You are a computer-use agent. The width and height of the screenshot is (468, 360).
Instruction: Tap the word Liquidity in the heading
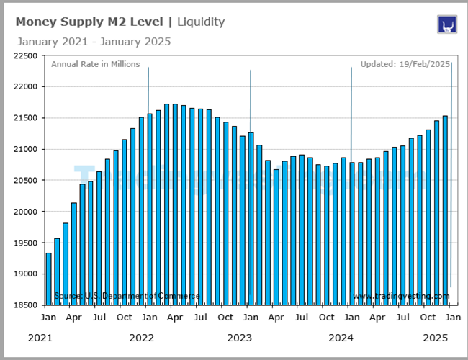(201, 22)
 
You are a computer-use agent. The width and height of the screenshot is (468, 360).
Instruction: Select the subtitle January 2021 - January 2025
(94, 42)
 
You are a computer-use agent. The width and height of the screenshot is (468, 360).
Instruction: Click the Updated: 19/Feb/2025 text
(405, 64)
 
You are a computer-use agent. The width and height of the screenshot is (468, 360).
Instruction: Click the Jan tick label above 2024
(351, 318)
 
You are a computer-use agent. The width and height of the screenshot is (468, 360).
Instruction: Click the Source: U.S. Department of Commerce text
(127, 297)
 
